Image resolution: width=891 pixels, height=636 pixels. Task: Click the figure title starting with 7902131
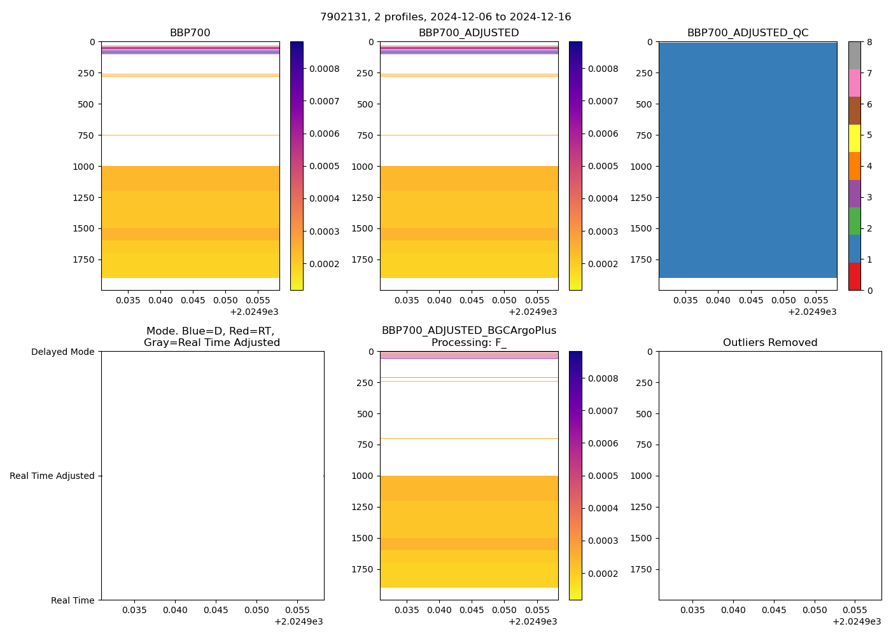pos(445,17)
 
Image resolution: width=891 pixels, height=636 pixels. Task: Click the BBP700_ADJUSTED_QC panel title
pos(748,33)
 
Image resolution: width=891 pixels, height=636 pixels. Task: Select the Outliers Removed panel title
pos(770,343)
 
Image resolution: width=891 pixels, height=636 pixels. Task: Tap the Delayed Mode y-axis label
pos(62,352)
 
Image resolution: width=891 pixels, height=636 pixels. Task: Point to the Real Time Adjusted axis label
pos(52,476)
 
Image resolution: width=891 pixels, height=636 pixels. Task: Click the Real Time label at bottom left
pos(73,600)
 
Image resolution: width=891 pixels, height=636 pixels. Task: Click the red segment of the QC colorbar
pos(854,277)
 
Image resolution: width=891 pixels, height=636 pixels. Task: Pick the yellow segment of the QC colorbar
pos(854,139)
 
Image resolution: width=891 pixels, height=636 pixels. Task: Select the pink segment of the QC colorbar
pos(854,83)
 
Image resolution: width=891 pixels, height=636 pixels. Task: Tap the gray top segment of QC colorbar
pos(854,55)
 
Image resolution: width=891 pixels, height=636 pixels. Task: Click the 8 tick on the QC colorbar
pos(869,43)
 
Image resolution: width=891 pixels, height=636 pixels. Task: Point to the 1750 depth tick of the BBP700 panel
pos(85,259)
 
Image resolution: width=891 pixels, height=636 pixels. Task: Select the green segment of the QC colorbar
pos(854,221)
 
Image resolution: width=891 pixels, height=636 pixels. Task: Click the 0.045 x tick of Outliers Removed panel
pos(774,611)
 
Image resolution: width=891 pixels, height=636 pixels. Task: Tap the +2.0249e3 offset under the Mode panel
pos(298,621)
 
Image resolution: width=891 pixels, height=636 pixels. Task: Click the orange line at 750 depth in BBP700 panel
pos(190,135)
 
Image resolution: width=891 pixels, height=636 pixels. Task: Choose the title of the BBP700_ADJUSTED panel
pos(469,33)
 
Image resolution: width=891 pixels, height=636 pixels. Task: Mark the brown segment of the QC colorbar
pos(854,111)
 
